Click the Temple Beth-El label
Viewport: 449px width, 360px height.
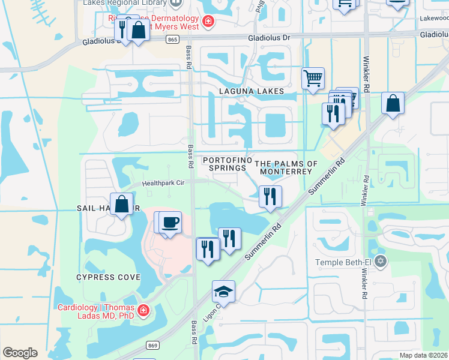point(343,262)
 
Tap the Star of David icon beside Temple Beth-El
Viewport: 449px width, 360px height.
point(379,262)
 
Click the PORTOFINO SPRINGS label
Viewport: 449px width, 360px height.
point(224,164)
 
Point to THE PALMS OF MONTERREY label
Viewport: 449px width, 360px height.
point(286,167)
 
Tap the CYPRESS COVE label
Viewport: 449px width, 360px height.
point(108,277)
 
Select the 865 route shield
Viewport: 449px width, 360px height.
point(173,39)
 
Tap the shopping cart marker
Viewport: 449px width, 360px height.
point(313,79)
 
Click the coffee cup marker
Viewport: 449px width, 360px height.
point(170,222)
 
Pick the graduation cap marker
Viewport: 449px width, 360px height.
point(223,292)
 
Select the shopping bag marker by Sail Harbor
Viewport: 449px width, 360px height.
point(122,204)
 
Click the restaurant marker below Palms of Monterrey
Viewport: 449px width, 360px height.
point(270,196)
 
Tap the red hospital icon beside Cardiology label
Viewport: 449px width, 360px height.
point(143,310)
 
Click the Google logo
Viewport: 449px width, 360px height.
point(20,353)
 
